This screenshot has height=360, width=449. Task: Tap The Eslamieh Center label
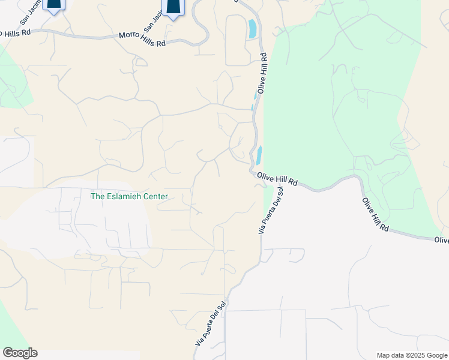pyautogui.click(x=128, y=196)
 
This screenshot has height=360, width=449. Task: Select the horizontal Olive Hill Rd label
pyautogui.click(x=277, y=179)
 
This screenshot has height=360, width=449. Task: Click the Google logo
pyautogui.click(x=20, y=353)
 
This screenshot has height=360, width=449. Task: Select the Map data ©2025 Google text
pyautogui.click(x=412, y=355)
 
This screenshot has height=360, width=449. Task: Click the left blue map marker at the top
pyautogui.click(x=54, y=5)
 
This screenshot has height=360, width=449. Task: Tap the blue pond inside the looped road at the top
pyautogui.click(x=253, y=29)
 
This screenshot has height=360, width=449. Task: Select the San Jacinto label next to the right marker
pyautogui.click(x=152, y=23)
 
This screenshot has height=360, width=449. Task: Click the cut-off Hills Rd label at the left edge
pyautogui.click(x=15, y=32)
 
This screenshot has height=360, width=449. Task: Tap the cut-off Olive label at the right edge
pyautogui.click(x=441, y=240)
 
